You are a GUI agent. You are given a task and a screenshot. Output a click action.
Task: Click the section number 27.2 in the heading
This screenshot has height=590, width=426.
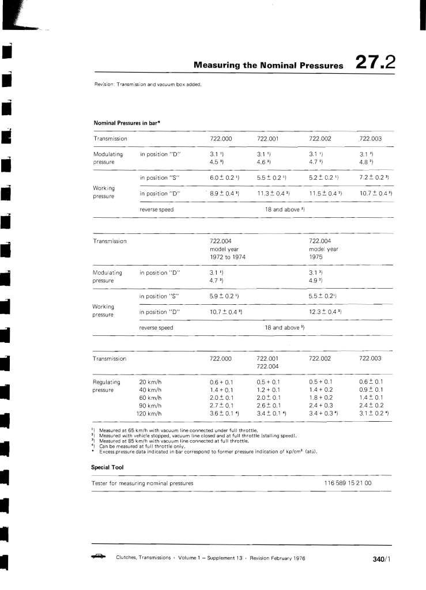(375, 63)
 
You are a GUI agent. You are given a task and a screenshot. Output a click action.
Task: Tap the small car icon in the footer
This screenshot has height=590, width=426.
(99, 557)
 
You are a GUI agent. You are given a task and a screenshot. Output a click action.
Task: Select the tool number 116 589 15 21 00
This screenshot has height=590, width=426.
(348, 482)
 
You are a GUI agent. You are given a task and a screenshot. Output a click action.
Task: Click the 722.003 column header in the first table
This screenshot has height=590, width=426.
(374, 139)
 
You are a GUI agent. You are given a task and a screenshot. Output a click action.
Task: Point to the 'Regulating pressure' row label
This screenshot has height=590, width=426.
(106, 385)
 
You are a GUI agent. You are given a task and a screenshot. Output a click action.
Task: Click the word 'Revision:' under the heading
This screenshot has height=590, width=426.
(104, 84)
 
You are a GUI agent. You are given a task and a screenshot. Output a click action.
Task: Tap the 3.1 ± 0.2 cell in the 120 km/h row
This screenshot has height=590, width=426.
(374, 414)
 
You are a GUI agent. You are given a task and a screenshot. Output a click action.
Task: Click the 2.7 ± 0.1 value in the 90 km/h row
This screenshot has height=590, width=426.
(221, 406)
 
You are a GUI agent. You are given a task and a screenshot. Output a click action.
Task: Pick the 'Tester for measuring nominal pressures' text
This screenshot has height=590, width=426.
(142, 482)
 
